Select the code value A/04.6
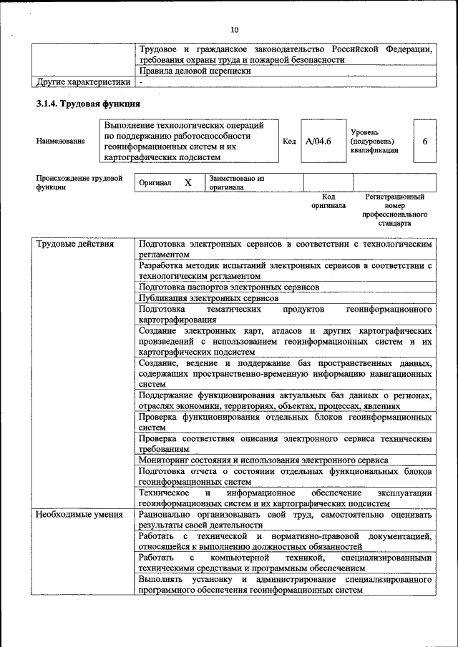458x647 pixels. (x=318, y=142)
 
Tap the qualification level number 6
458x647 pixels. (x=424, y=142)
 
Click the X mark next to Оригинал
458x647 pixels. (x=188, y=183)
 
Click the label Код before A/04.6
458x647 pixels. (x=289, y=142)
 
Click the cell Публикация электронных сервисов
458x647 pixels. (x=209, y=298)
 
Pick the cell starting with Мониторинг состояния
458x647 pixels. (x=263, y=460)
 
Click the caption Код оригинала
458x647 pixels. (x=328, y=201)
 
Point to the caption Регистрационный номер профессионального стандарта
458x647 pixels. (x=394, y=209)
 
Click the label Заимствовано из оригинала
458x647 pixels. (x=237, y=183)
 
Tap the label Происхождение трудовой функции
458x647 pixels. (x=79, y=183)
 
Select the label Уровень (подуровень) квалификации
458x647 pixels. (x=374, y=142)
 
